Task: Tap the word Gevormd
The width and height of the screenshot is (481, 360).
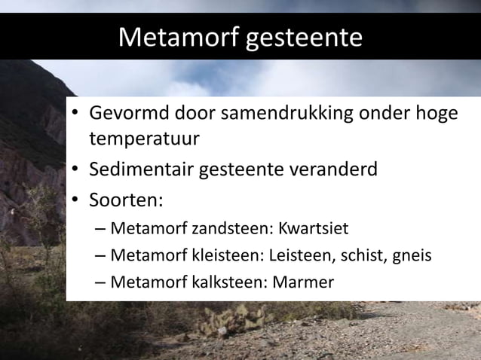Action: click(129, 116)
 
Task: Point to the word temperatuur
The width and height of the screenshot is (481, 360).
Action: click(145, 140)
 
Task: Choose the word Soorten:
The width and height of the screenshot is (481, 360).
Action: click(126, 200)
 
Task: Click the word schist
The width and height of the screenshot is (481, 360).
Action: click(360, 255)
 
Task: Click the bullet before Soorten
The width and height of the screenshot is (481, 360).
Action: click(77, 201)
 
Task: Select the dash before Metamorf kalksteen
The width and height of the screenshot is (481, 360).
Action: click(100, 283)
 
